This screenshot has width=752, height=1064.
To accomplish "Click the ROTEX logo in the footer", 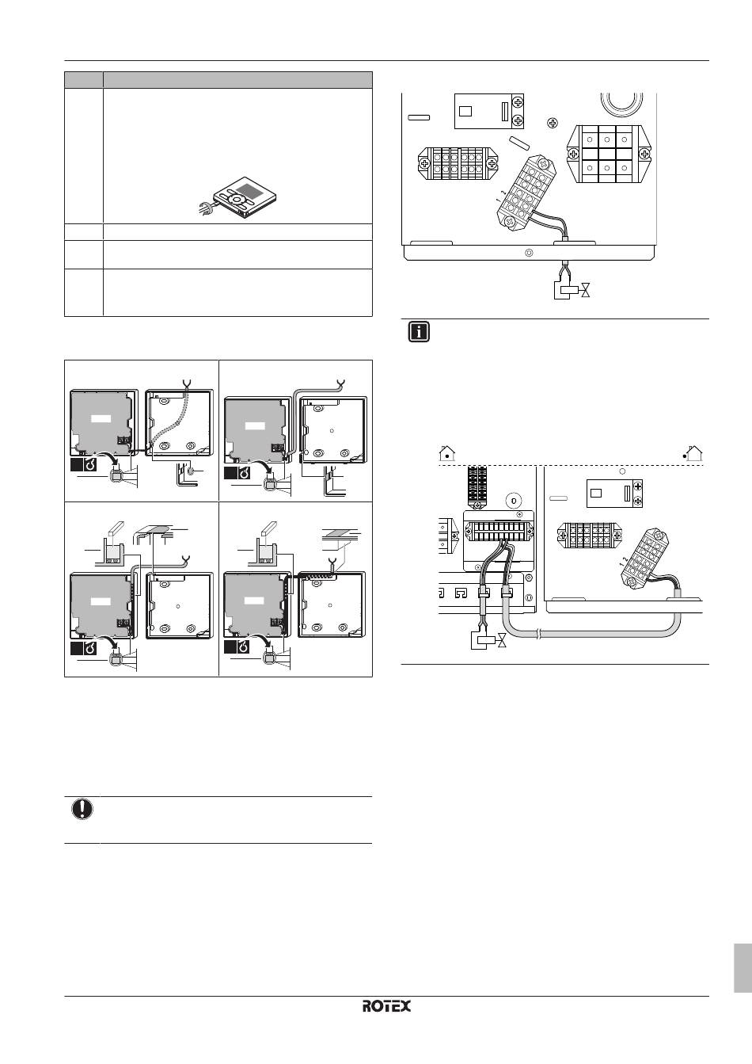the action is coord(386,1005).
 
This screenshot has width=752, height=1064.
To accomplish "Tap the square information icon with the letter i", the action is coord(419,333).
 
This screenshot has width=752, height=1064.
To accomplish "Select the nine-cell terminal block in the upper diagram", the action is coord(607,154).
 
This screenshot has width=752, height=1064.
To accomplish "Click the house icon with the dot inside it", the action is coord(446,454).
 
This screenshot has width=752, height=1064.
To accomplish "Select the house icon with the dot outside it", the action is coord(694,454).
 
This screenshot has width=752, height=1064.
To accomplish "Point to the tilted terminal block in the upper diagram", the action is coord(526,192).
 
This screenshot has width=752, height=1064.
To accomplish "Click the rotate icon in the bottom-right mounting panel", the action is coord(244,648).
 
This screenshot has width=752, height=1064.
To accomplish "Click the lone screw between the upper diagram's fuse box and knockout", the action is coord(553,123).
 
